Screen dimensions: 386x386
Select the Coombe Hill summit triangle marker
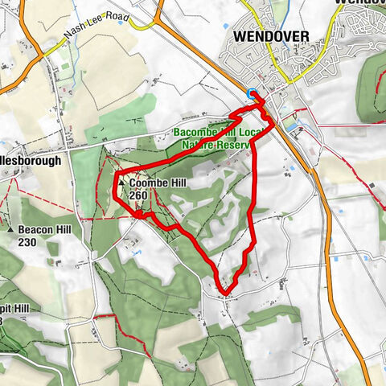pos(121,184)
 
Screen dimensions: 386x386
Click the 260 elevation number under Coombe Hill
pos(138,195)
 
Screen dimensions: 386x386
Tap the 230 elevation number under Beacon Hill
pos(28,241)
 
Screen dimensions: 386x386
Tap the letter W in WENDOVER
pos(240,37)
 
